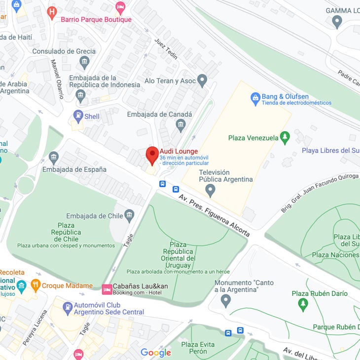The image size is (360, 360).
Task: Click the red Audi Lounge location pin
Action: pos(152,155)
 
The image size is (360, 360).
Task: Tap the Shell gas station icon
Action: pos(78,116)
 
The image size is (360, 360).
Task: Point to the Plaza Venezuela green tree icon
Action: pos(285,137)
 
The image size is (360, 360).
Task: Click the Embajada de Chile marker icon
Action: pos(129,215)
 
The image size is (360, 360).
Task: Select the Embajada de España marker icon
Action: pos(54,158)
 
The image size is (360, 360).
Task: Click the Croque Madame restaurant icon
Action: pos(36,285)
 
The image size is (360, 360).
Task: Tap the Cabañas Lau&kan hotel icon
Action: pos(107,288)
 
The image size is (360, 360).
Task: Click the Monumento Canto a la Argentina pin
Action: pos(225,300)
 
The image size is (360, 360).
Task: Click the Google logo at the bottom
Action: pos(156,352)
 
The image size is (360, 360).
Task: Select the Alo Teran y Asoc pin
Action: pos(202,80)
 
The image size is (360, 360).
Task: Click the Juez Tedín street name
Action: pos(166,49)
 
